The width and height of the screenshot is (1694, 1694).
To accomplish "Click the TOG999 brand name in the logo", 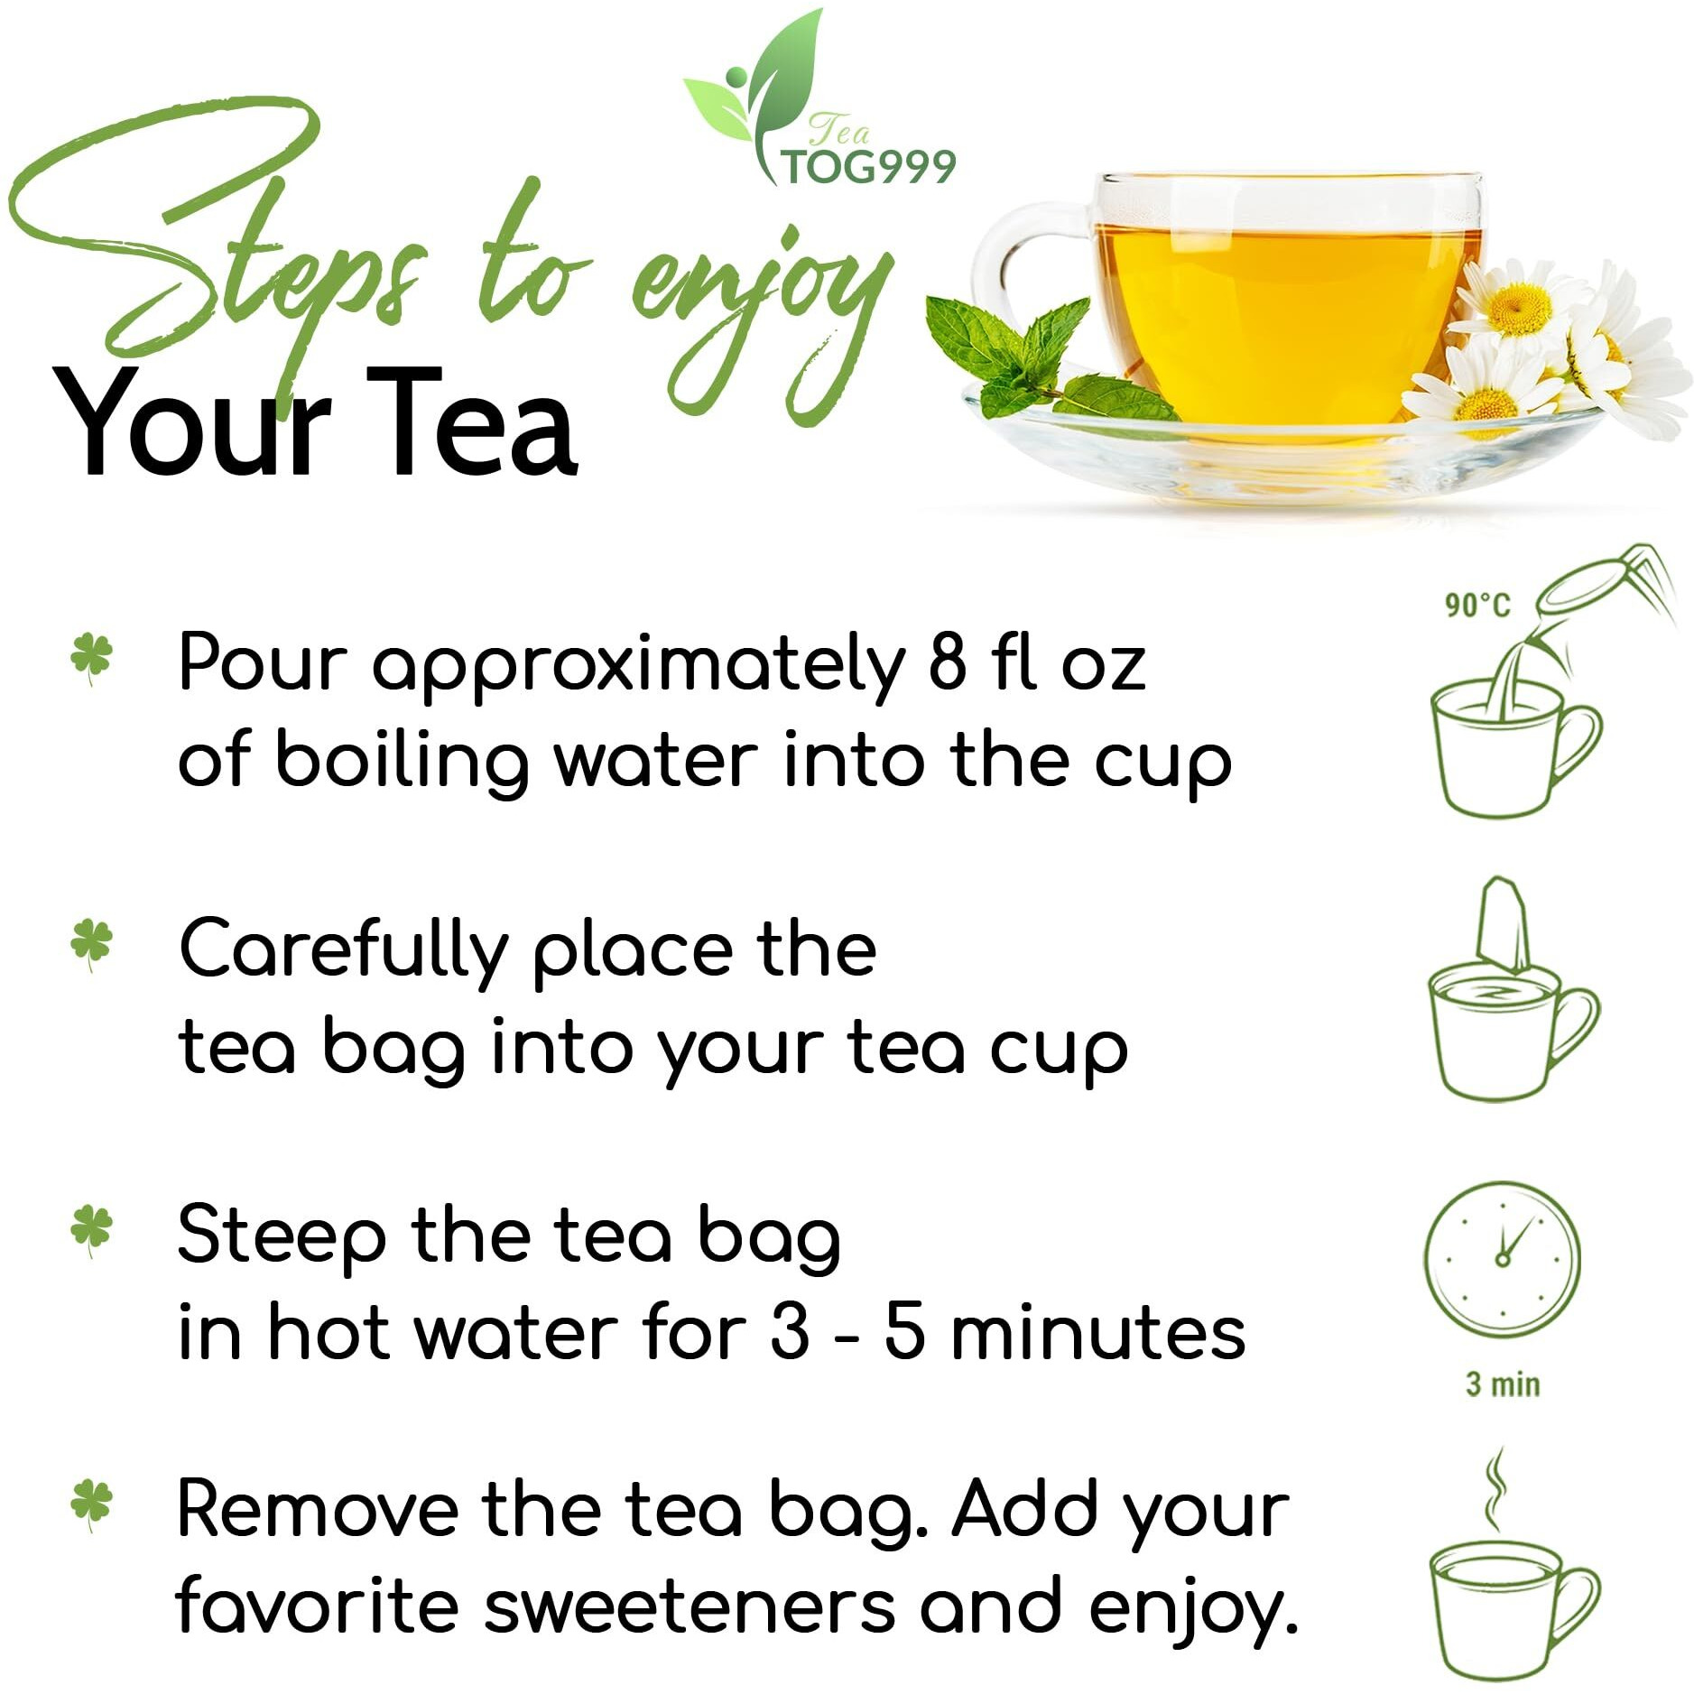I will [x=868, y=168].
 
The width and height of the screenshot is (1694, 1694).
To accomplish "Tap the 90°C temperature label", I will [x=1476, y=605].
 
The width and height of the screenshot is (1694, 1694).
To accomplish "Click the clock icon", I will [x=1502, y=1259].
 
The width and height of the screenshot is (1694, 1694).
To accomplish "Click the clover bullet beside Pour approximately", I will [x=91, y=657].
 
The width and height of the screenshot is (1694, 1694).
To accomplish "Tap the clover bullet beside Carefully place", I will [x=91, y=943].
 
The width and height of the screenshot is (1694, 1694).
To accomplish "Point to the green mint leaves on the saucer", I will [x=1011, y=356].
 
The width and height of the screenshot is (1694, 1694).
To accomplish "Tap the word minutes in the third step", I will [x=1097, y=1333].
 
